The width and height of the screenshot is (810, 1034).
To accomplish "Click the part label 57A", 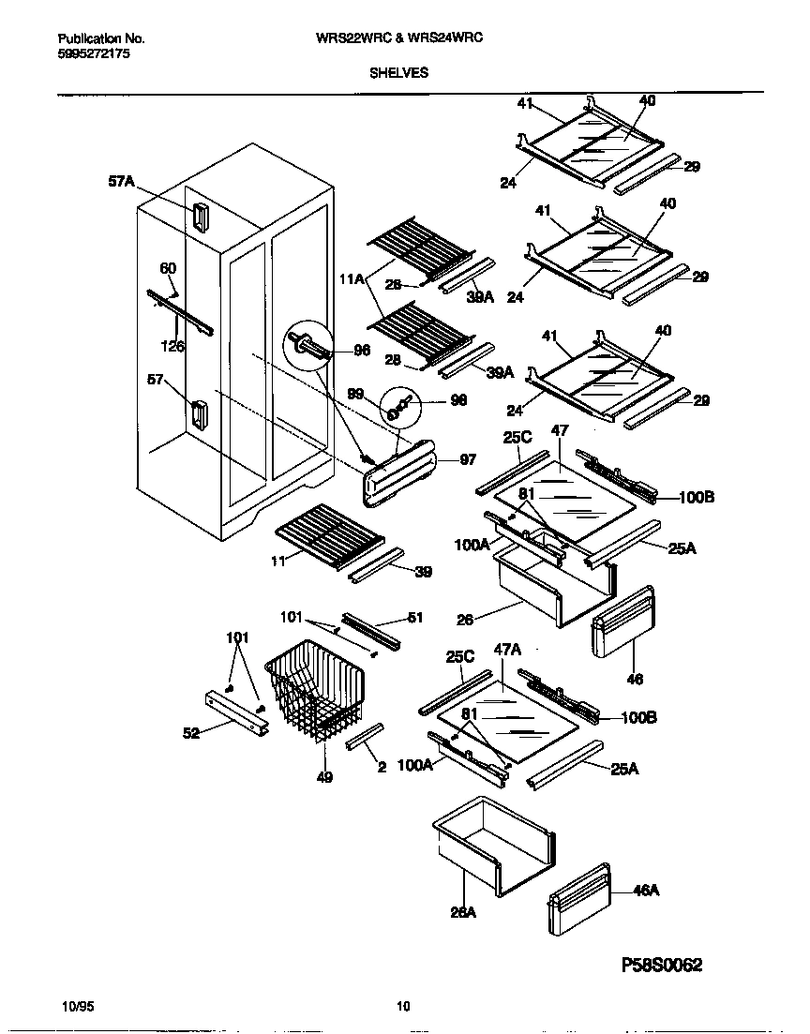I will pos(122,186).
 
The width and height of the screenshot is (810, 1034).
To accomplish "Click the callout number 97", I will pos(468,459).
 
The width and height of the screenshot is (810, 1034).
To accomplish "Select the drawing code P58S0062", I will pos(662,965).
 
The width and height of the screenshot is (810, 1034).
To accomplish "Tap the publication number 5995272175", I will pos(94,55).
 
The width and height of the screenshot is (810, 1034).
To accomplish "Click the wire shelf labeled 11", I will pos(328,533).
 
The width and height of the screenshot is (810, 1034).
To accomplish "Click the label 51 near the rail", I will pos(416,618).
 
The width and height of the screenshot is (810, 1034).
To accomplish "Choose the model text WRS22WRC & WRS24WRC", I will pos(405,38).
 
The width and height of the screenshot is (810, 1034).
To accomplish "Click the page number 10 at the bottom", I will pos(403,1007).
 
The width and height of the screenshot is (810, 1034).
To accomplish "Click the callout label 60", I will pos(168,269).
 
